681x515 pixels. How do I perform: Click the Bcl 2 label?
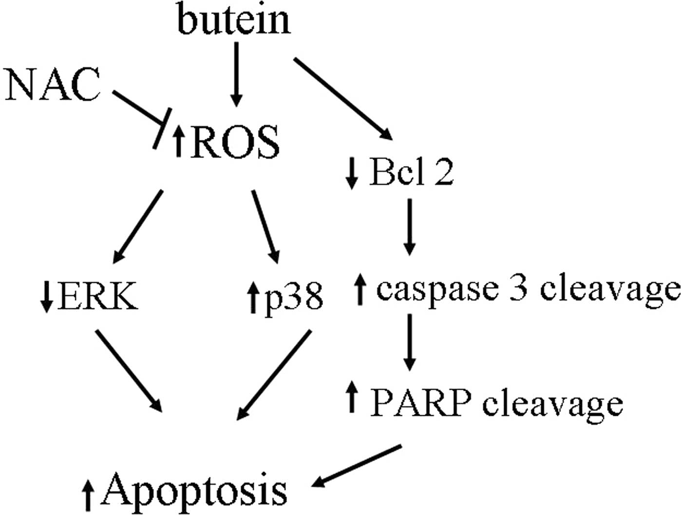pos(412,172)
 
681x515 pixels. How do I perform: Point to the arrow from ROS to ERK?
pos(139,224)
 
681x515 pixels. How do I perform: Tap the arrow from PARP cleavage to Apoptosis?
pos(359,465)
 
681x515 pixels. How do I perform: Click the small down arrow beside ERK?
pos(47,296)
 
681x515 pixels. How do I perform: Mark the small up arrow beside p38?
pos(252,297)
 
